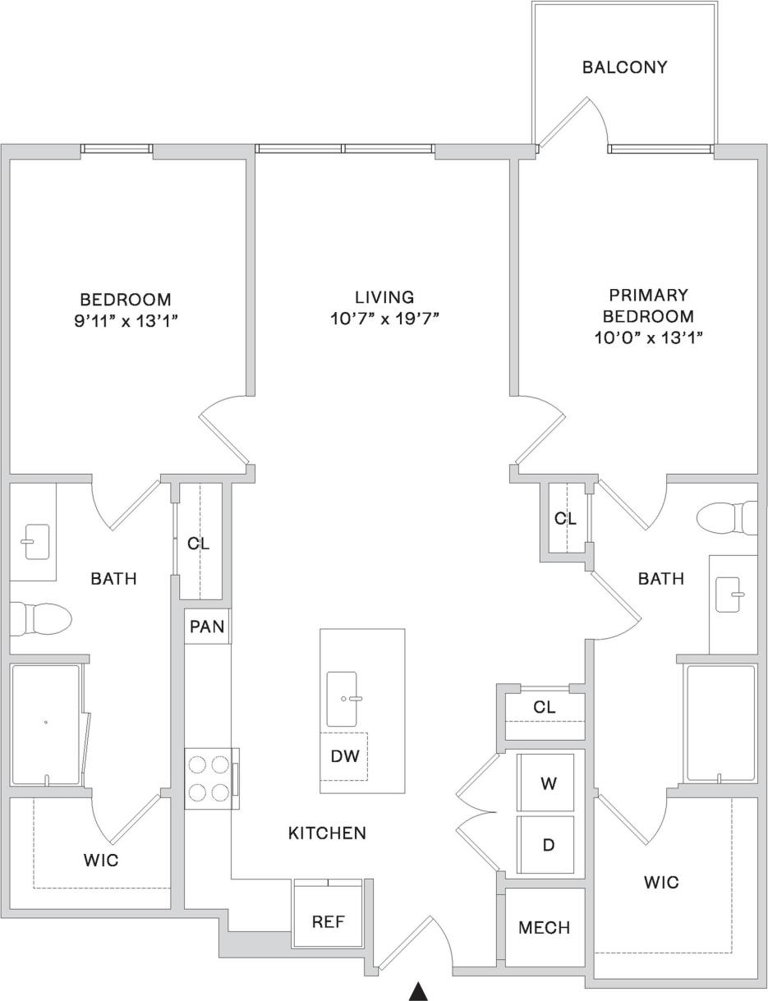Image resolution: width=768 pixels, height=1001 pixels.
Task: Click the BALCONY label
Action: (x=624, y=67)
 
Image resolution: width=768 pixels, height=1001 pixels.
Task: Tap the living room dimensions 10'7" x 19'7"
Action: (x=384, y=319)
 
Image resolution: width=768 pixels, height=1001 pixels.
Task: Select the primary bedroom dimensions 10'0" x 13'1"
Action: (x=648, y=337)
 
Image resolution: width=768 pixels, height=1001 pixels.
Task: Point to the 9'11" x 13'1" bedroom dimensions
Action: (x=126, y=321)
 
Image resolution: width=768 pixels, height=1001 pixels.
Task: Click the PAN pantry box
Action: (x=207, y=627)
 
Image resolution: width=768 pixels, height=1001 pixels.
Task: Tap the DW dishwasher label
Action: (x=344, y=756)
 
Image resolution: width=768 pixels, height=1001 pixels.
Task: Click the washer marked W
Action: (x=548, y=783)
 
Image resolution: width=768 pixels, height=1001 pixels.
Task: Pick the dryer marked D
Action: (x=548, y=845)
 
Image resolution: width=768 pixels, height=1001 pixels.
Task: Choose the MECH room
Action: (x=544, y=928)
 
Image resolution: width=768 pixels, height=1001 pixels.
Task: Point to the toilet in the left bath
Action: (x=41, y=618)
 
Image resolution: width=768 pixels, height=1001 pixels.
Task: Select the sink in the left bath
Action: (x=37, y=542)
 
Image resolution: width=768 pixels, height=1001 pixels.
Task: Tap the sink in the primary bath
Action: (x=730, y=594)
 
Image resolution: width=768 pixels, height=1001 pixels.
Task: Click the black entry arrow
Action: (x=419, y=991)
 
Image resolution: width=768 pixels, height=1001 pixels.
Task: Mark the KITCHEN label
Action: (x=327, y=833)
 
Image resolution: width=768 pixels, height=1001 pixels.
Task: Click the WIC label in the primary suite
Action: (x=661, y=883)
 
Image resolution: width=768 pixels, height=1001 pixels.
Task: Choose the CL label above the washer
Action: (x=544, y=707)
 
